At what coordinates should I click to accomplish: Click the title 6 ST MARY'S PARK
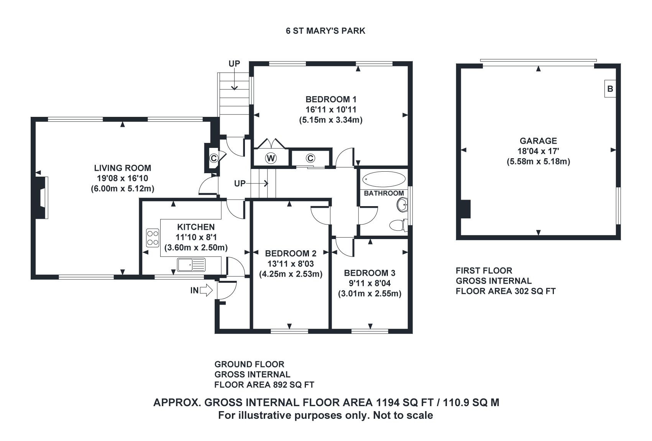click(325, 31)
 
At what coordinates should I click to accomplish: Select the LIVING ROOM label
click(123, 168)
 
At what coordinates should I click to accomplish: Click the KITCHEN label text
click(196, 227)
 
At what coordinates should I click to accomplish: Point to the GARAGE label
click(538, 141)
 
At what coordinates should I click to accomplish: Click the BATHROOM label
click(384, 193)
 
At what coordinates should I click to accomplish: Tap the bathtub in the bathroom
click(384, 179)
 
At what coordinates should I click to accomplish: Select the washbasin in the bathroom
click(403, 205)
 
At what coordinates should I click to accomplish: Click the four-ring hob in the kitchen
click(153, 237)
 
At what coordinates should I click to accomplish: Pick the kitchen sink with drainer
click(191, 264)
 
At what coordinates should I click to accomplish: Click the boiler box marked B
click(610, 89)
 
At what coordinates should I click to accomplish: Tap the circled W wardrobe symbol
click(271, 158)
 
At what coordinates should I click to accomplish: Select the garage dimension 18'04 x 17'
click(538, 151)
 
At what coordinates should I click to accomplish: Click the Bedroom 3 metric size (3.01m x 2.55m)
click(370, 294)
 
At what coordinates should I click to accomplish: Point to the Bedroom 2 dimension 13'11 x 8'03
click(291, 264)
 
